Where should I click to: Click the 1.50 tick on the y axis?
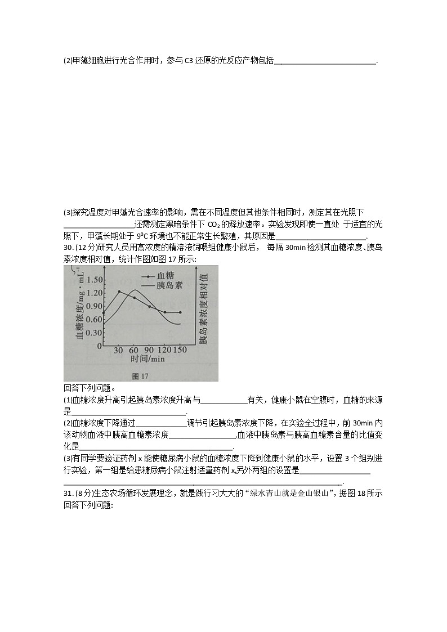[x=95, y=280]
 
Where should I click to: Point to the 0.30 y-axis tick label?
[x=95, y=332]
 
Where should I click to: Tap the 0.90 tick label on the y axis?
[x=95, y=306]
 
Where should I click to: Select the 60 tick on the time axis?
[x=134, y=350]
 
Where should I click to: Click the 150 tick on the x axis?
[x=180, y=350]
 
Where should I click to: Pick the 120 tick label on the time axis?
[x=164, y=350]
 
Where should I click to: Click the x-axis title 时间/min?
[x=147, y=358]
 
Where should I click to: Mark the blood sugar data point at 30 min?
[x=119, y=292]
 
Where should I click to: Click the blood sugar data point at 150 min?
[x=180, y=312]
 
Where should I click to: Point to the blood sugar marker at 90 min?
[x=149, y=306]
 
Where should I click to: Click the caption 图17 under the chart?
[x=139, y=375]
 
